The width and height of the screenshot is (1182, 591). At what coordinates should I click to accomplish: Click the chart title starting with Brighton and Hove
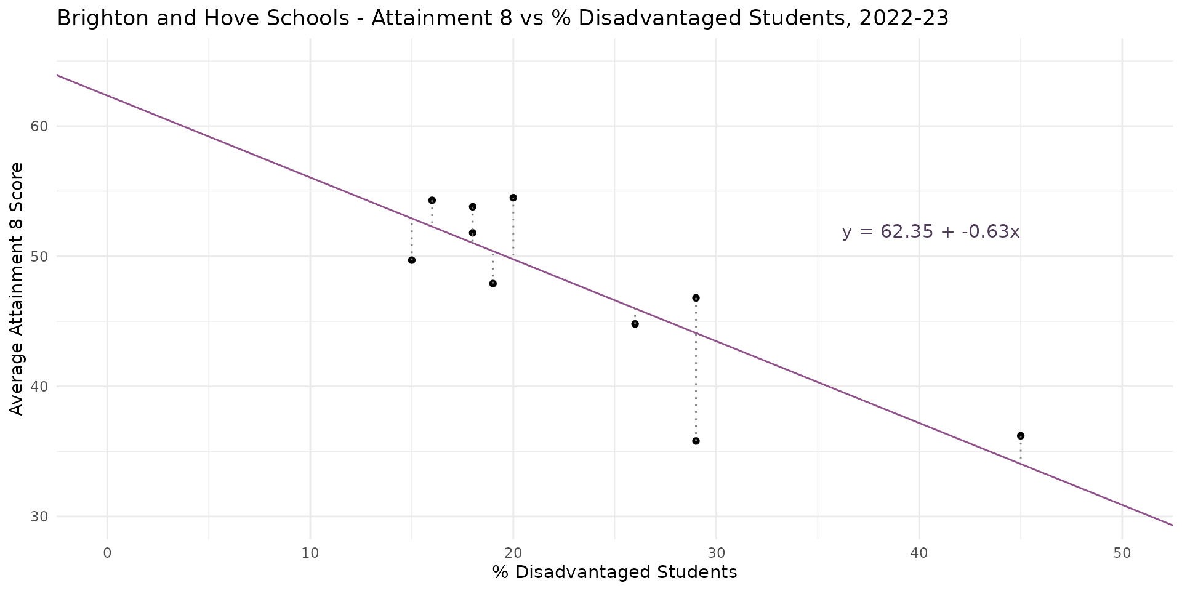pyautogui.click(x=502, y=18)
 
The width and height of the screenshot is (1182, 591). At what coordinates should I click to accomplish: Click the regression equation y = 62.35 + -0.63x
pyautogui.click(x=930, y=232)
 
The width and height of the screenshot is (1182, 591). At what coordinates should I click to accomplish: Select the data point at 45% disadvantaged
pyautogui.click(x=1020, y=436)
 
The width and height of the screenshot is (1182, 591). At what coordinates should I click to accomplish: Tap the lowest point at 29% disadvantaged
pyautogui.click(x=696, y=441)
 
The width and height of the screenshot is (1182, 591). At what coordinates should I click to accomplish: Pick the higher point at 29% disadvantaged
pyautogui.click(x=696, y=298)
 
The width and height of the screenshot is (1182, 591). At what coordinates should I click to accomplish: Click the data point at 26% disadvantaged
pyautogui.click(x=635, y=324)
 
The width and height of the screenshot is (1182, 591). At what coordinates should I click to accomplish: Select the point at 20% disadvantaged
pyautogui.click(x=513, y=198)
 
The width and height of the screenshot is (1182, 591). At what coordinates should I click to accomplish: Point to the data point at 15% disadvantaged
pyautogui.click(x=412, y=260)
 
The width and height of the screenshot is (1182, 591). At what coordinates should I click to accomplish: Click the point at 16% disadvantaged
pyautogui.click(x=432, y=200)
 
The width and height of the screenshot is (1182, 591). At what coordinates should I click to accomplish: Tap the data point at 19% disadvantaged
pyautogui.click(x=492, y=284)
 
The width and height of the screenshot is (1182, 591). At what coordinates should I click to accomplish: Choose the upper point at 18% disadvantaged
pyautogui.click(x=472, y=207)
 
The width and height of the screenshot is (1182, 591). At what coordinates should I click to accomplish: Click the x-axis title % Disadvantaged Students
pyautogui.click(x=614, y=573)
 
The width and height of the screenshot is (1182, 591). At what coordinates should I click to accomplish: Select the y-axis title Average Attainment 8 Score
pyautogui.click(x=17, y=289)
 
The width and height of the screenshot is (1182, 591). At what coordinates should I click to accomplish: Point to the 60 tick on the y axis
pyautogui.click(x=39, y=126)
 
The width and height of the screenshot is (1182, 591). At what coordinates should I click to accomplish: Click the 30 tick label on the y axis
pyautogui.click(x=39, y=517)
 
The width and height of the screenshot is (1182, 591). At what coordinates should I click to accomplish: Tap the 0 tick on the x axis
pyautogui.click(x=108, y=553)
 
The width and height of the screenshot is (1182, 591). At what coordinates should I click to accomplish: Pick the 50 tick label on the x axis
pyautogui.click(x=1122, y=553)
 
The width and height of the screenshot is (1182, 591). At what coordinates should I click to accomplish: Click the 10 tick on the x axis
pyautogui.click(x=310, y=553)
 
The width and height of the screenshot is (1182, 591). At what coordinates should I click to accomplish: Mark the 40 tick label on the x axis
pyautogui.click(x=919, y=553)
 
